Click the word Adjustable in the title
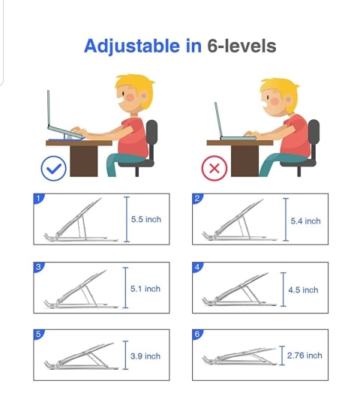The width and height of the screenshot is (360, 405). click(132, 46)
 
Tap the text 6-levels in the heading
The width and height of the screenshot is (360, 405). click(241, 46)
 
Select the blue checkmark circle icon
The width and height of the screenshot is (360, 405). click(54, 168)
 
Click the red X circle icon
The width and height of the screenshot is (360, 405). click(214, 168)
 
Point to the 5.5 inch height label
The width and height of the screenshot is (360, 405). click(146, 219)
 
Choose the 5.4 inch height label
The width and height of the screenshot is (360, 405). click(305, 221)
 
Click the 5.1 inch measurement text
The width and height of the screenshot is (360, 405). click(145, 289)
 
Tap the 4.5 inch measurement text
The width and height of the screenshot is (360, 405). click(303, 289)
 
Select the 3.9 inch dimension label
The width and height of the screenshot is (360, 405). click(145, 356)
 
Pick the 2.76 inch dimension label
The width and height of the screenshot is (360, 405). click(304, 355)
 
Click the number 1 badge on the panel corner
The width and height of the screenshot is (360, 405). click(39, 198)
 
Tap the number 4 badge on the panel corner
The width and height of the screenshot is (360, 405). click(197, 267)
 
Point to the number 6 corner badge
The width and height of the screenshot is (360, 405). click(197, 334)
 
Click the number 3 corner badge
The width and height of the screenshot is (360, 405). click(39, 267)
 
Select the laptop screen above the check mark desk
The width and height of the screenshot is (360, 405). click(48, 109)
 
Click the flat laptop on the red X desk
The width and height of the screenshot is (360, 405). click(238, 139)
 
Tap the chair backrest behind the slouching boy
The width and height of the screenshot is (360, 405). click(313, 138)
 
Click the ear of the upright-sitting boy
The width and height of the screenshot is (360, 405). click(144, 97)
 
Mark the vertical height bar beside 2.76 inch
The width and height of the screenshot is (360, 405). click(282, 355)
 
